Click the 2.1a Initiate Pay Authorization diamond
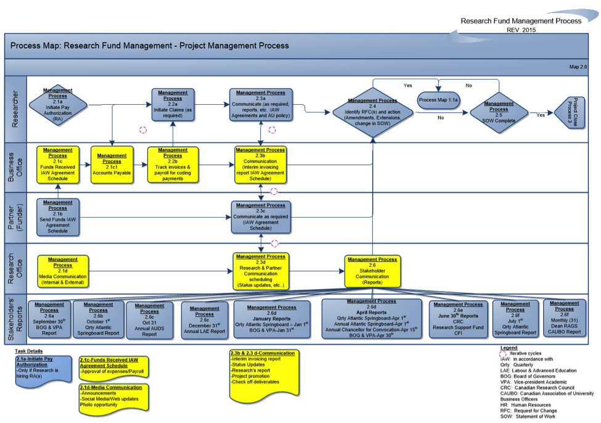coord(58,103)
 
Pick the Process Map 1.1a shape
coord(439,100)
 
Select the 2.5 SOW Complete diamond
coord(499,112)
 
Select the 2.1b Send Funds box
coord(58,216)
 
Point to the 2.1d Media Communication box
coord(63,271)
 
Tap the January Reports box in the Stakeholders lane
coord(272,319)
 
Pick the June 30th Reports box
coord(457,318)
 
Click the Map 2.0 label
coord(578,66)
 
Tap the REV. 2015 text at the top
coord(521,30)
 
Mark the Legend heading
coord(509,348)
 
